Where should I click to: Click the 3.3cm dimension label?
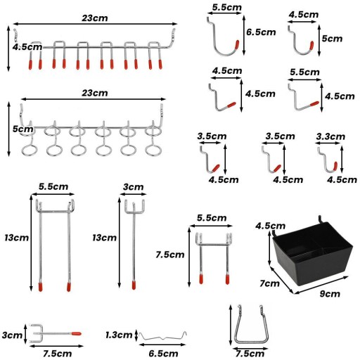[330, 136]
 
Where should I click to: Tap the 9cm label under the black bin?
[330, 294]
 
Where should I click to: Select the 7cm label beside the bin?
[269, 283]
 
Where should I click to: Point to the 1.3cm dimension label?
[119, 335]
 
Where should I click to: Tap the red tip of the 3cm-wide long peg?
[134, 285]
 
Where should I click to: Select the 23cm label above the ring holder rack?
[95, 93]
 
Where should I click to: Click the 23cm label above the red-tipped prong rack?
[95, 18]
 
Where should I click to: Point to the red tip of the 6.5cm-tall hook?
[237, 45]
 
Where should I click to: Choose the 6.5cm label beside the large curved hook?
[261, 32]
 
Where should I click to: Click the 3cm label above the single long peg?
[133, 187]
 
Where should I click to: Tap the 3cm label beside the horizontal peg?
[12, 335]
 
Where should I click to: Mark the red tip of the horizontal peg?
[77, 333]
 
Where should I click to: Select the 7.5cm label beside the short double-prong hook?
[170, 255]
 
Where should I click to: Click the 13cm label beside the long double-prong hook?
[17, 238]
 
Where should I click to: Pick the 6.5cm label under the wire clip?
[163, 354]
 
